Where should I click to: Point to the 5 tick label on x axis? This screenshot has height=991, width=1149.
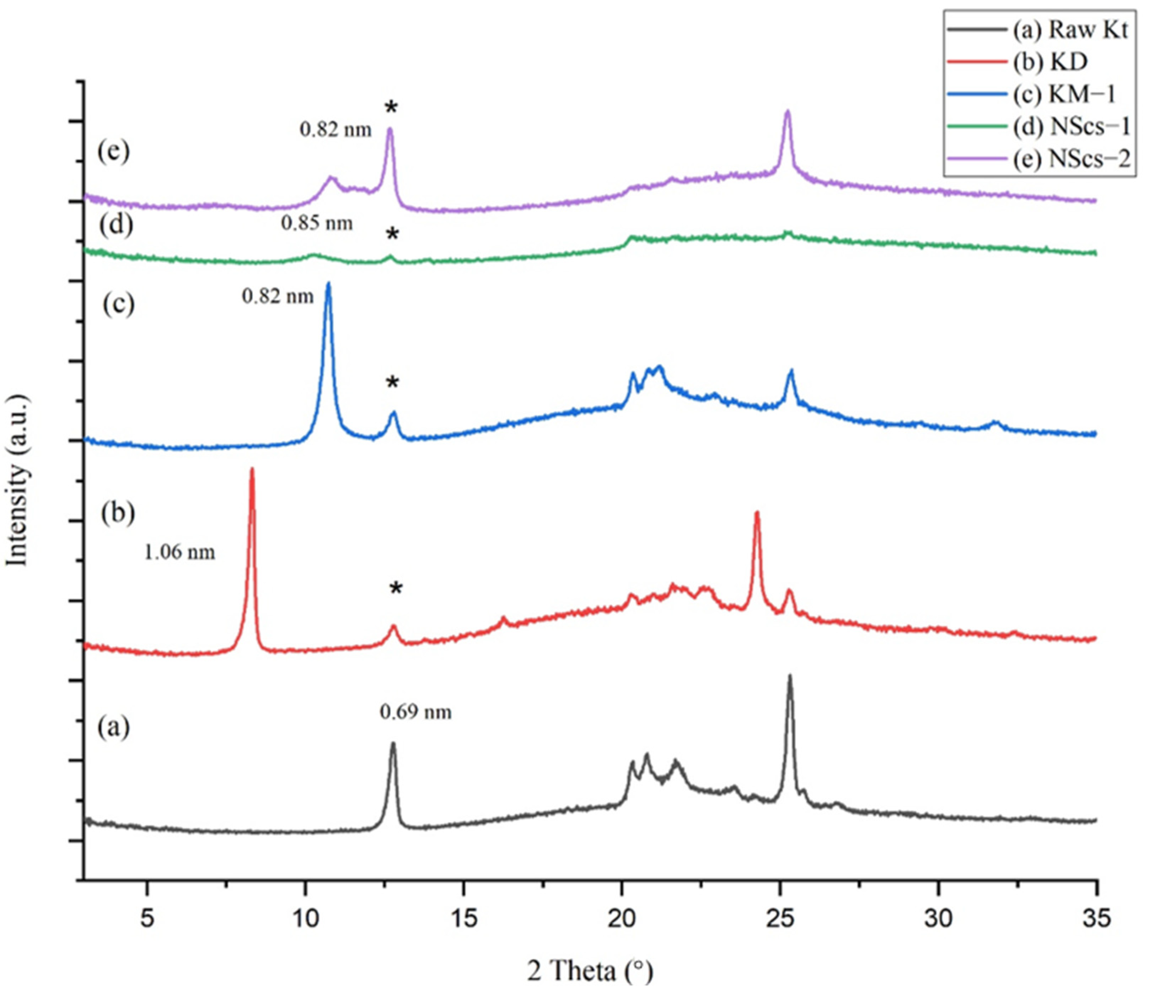(x=147, y=920)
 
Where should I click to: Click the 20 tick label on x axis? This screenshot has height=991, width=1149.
(x=622, y=920)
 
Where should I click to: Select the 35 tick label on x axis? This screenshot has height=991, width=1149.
(x=1096, y=920)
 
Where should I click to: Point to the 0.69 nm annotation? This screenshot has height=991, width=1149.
(x=415, y=712)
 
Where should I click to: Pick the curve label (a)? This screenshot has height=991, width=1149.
(x=114, y=727)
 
